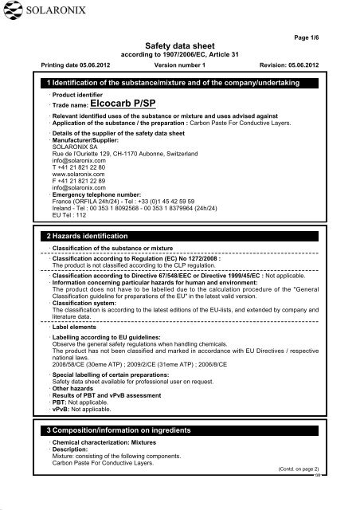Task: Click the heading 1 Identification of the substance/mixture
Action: pyautogui.click(x=184, y=84)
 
